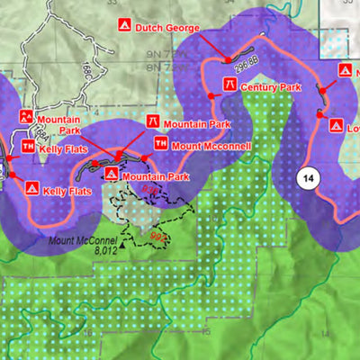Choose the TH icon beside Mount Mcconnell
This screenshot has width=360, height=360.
click(x=160, y=142)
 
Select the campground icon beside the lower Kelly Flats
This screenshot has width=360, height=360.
click(x=31, y=189)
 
